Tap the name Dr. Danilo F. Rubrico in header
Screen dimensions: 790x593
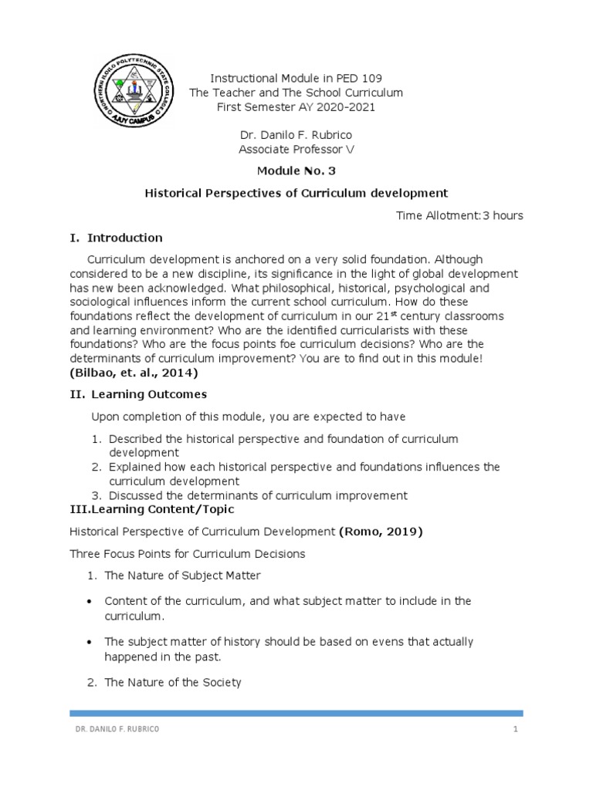(x=296, y=134)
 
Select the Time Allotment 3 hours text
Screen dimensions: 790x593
(x=459, y=215)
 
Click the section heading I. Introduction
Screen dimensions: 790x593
(x=116, y=238)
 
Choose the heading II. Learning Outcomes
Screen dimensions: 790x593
(x=138, y=394)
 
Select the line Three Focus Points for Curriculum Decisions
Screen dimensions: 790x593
(x=188, y=554)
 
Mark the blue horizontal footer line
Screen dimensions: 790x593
(x=296, y=714)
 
